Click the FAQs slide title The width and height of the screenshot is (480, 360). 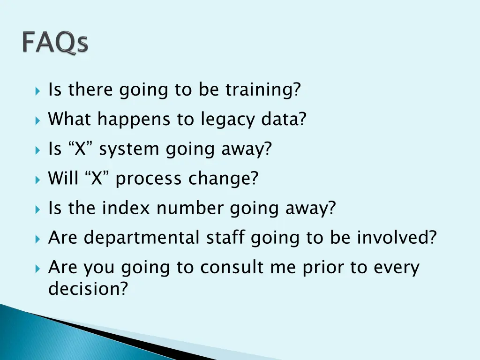[55, 43]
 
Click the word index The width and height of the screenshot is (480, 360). [128, 208]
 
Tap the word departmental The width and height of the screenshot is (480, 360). [142, 238]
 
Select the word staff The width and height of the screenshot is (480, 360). [225, 238]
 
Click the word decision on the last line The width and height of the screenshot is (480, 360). [88, 289]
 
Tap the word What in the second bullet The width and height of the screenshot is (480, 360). [70, 120]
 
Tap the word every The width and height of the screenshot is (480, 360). [396, 268]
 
